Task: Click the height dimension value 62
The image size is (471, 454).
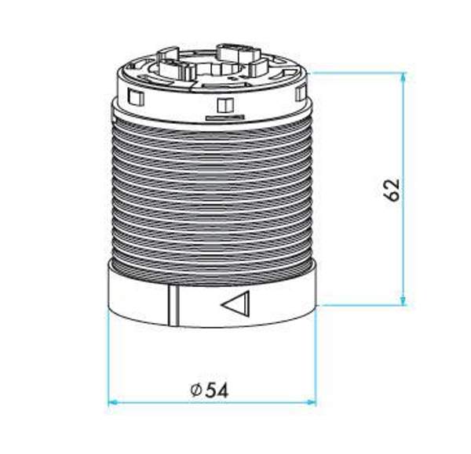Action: pyautogui.click(x=392, y=190)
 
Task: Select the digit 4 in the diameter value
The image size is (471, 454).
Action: pyautogui.click(x=223, y=390)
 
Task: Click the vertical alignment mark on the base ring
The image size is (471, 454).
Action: pyautogui.click(x=173, y=306)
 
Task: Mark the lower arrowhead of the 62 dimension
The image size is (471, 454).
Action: pyautogui.click(x=403, y=300)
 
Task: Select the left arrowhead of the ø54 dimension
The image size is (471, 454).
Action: pyautogui.click(x=114, y=402)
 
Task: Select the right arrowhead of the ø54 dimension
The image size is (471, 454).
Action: pyautogui.click(x=310, y=402)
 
